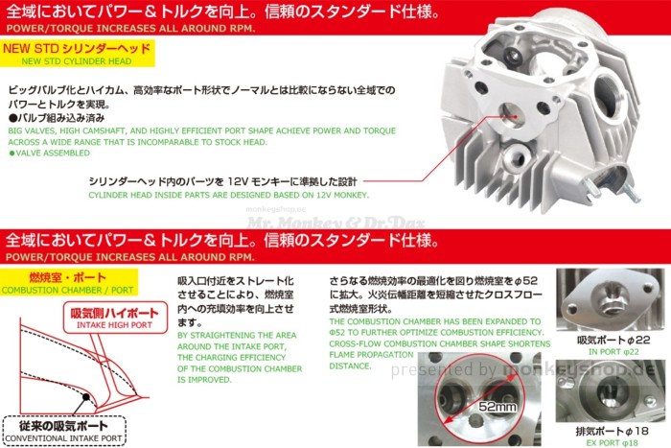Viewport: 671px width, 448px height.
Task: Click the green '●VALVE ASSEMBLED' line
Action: (x=49, y=152)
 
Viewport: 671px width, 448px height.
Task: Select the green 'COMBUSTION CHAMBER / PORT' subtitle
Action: (x=67, y=289)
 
